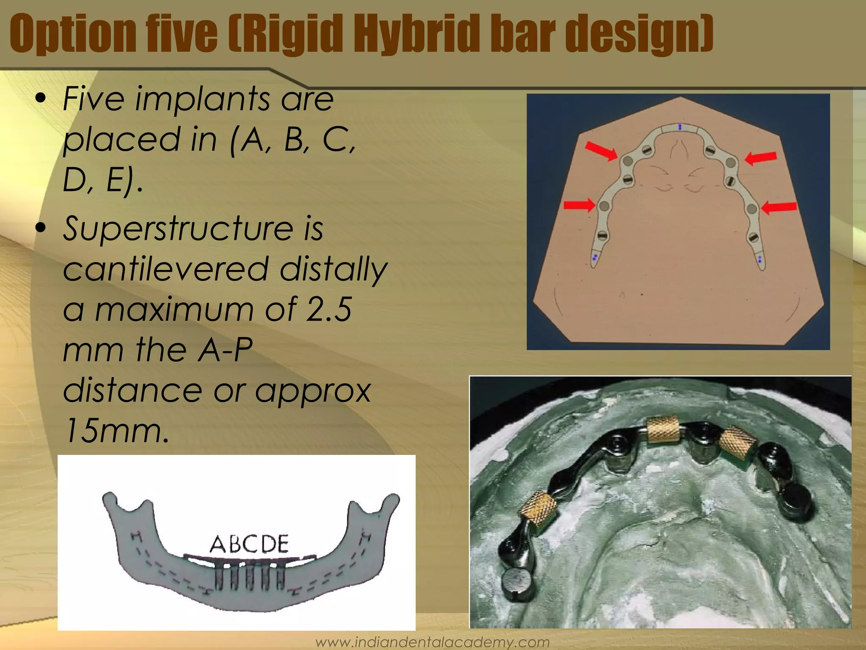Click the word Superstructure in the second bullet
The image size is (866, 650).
pyautogui.click(x=178, y=229)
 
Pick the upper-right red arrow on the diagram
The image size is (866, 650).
pyautogui.click(x=761, y=158)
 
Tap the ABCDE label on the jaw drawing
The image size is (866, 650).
pyautogui.click(x=249, y=544)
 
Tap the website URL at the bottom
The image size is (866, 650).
pyautogui.click(x=433, y=642)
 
